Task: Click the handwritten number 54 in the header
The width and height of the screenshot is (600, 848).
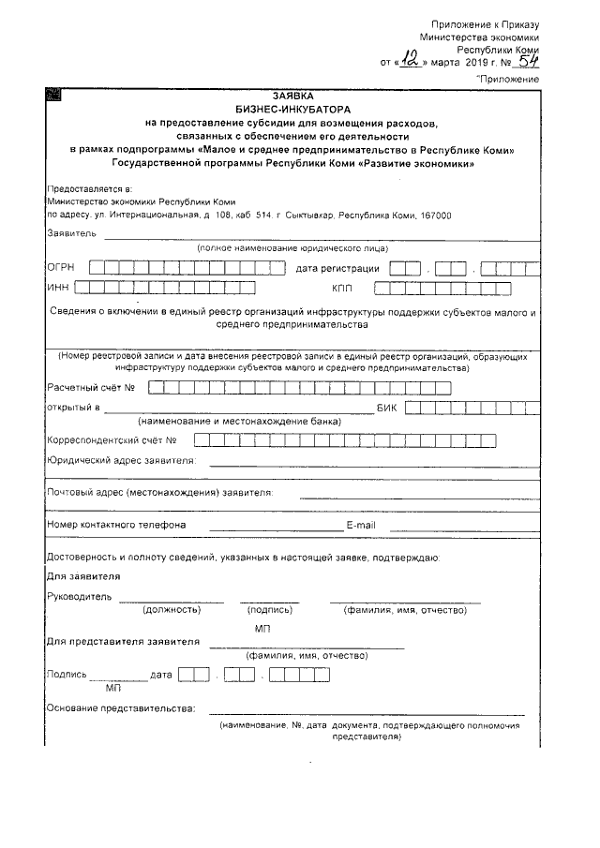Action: coord(527,61)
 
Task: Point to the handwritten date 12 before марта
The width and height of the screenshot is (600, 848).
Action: coord(409,61)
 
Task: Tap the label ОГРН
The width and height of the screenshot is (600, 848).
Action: coord(60,268)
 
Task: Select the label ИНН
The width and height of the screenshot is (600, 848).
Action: coord(57,288)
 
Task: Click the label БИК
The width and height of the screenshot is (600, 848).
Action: coord(387,408)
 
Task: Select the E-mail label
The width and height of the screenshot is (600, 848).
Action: coord(361,525)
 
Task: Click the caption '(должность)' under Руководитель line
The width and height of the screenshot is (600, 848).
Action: coord(172,610)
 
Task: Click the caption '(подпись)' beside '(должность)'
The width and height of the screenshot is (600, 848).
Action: coord(270,610)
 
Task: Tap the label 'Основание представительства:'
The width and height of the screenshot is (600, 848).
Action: coord(121,707)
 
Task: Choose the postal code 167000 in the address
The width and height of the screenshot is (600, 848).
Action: coord(432,215)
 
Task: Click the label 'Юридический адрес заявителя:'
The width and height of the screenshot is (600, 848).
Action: coord(121,460)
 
